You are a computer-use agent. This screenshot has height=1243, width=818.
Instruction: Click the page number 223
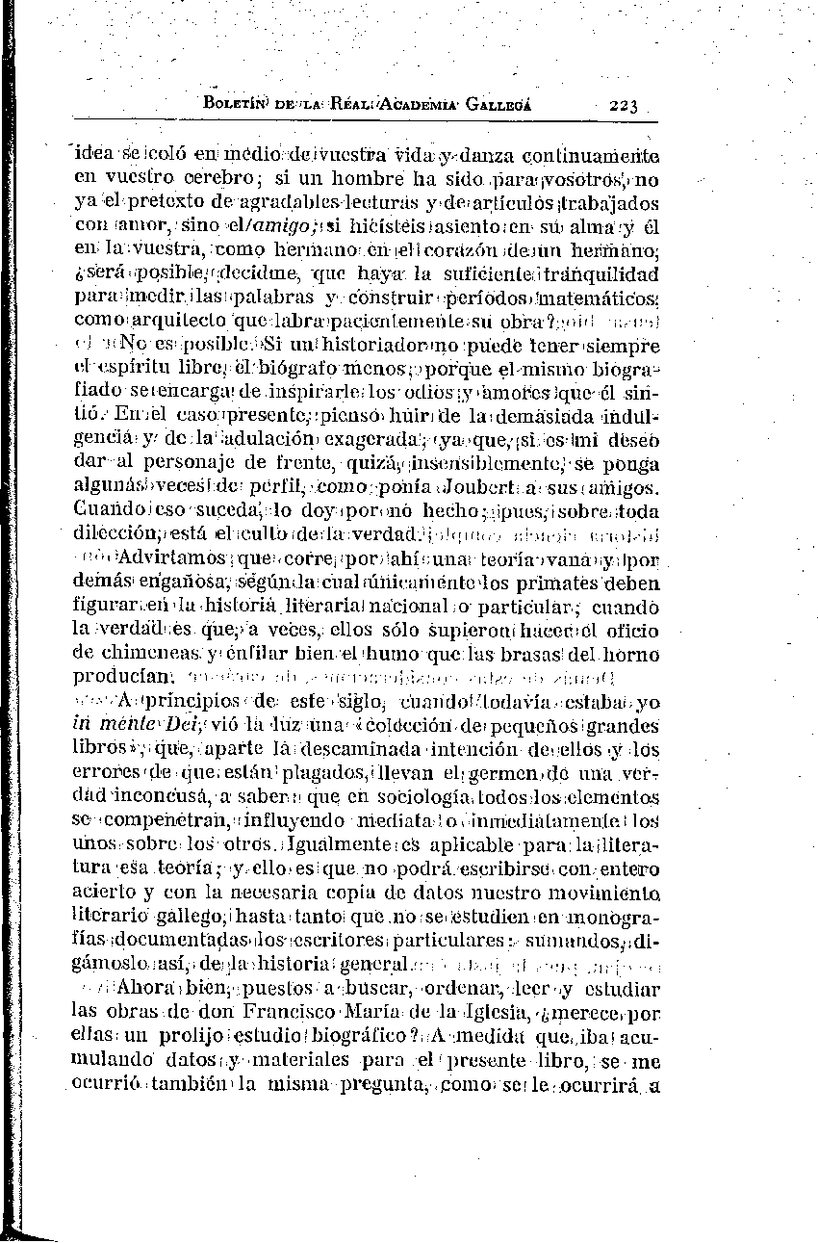pyautogui.click(x=624, y=106)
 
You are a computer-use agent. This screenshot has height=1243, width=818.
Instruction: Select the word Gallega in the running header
pyautogui.click(x=498, y=105)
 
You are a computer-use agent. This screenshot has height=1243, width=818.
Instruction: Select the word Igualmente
pyautogui.click(x=352, y=843)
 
